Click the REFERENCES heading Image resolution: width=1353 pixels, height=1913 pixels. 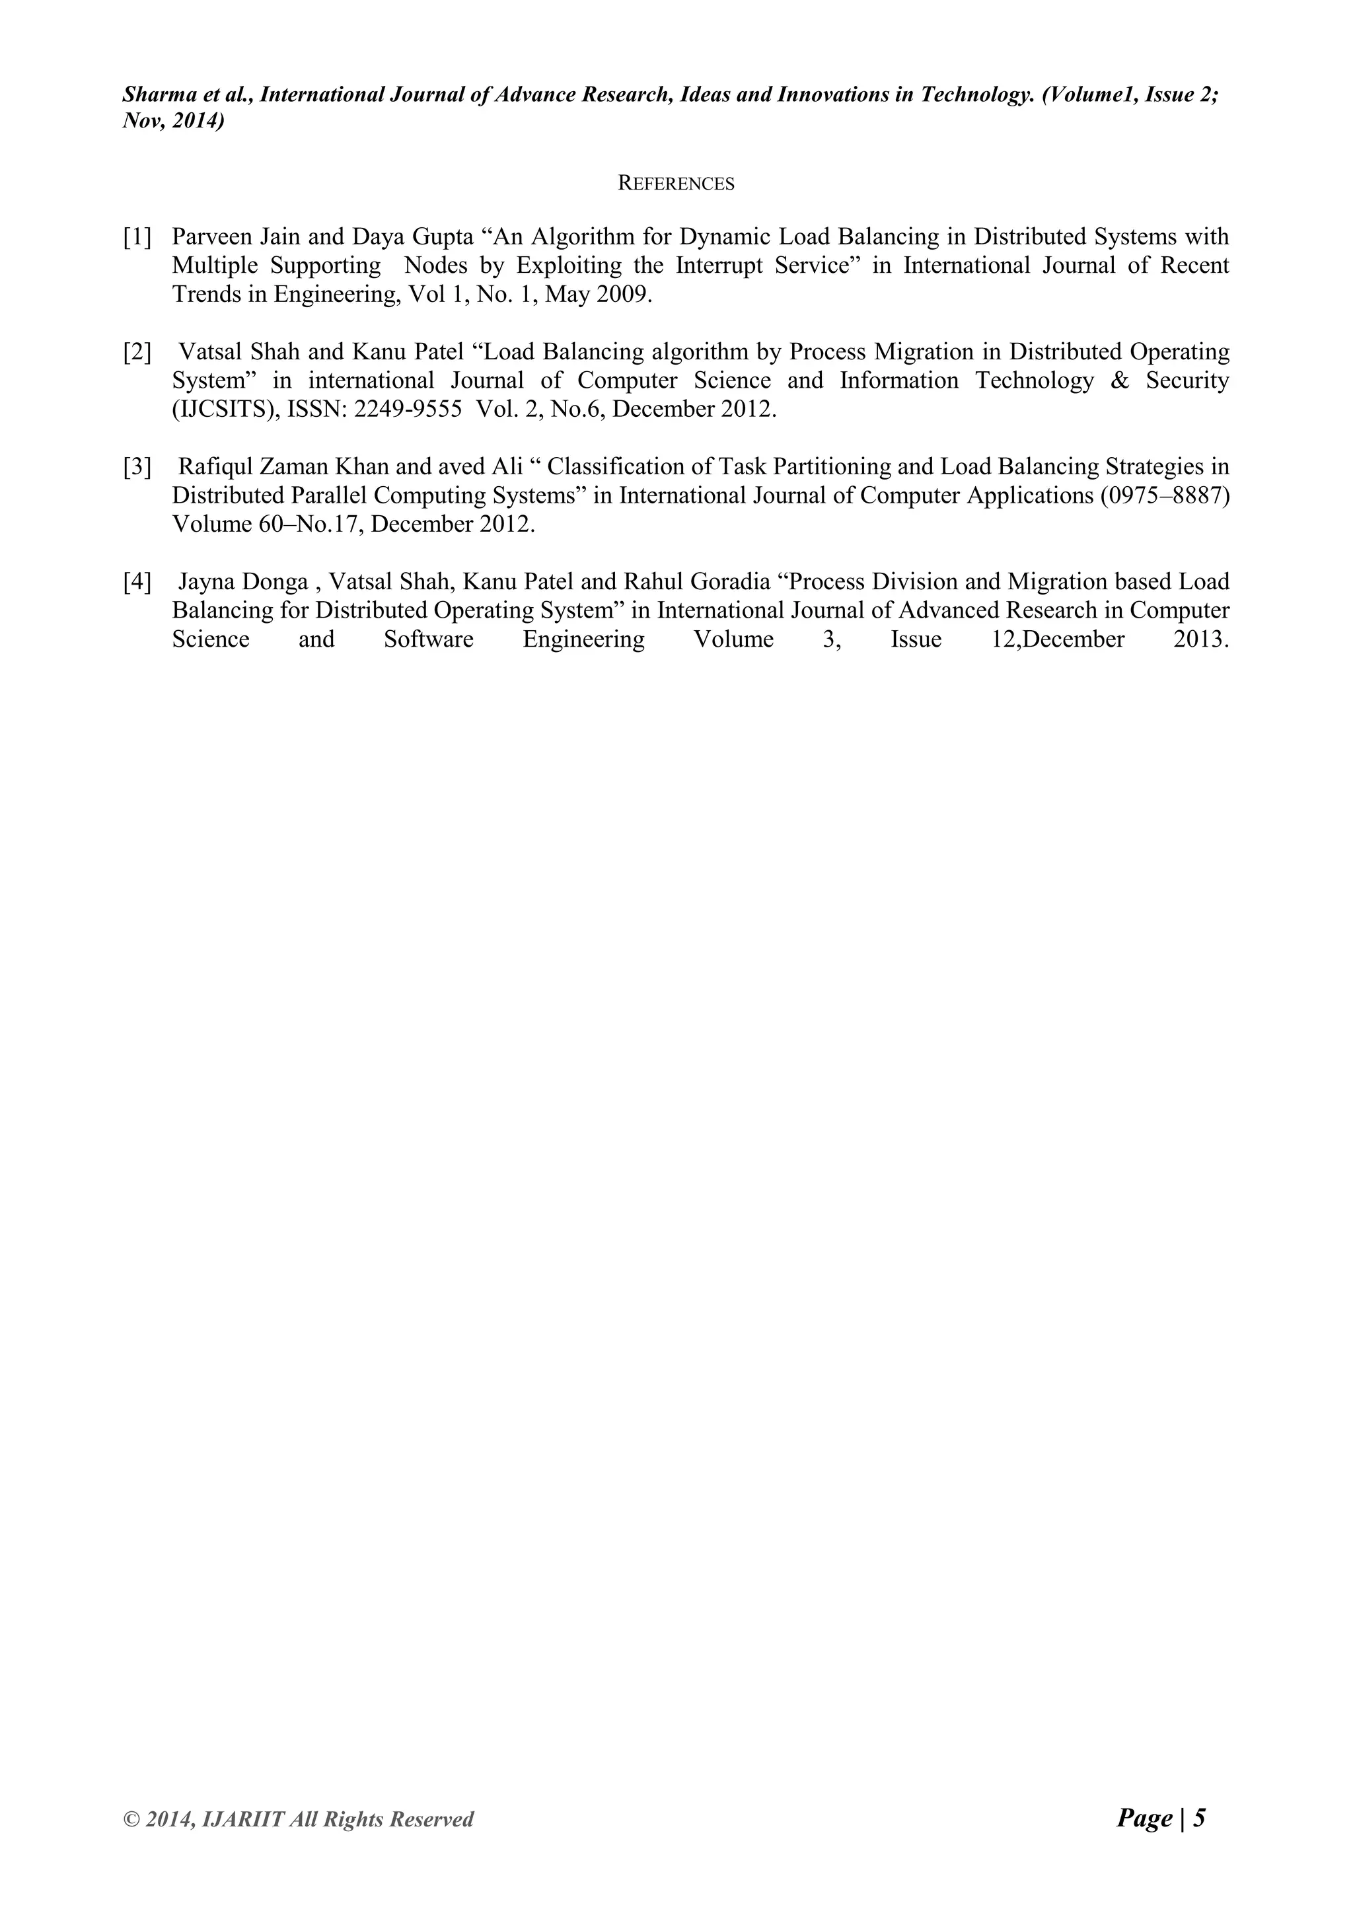pos(676,183)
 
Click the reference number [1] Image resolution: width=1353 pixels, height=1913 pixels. pos(137,237)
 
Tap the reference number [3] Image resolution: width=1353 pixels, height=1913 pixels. pos(137,466)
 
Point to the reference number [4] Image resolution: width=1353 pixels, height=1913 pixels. pos(137,581)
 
